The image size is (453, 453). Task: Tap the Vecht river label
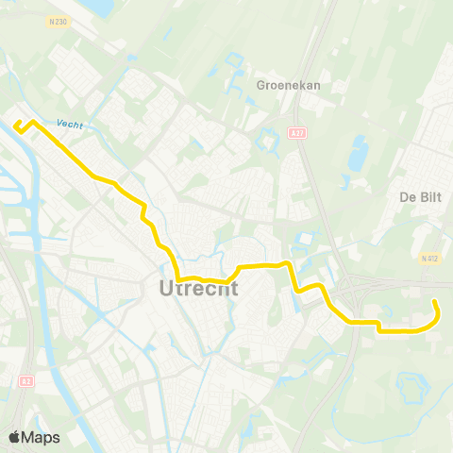pyautogui.click(x=69, y=124)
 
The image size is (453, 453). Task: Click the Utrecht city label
pyautogui.click(x=193, y=289)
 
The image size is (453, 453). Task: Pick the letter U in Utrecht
pyautogui.click(x=157, y=289)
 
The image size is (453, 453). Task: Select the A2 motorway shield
pyautogui.click(x=25, y=381)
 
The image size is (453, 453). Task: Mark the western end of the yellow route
pyautogui.click(x=16, y=124)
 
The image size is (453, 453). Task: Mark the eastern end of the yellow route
pyautogui.click(x=434, y=301)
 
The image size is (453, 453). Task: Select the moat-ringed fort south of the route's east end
pyautogui.click(x=412, y=387)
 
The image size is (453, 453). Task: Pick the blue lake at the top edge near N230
pyautogui.click(x=96, y=8)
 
